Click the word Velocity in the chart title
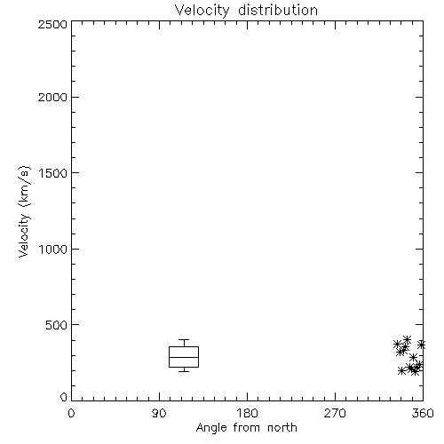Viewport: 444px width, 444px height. [202, 11]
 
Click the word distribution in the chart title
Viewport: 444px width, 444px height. [278, 10]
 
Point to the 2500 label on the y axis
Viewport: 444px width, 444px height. [52, 24]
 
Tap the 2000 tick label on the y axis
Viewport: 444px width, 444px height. [52, 97]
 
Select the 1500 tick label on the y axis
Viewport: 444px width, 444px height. [53, 173]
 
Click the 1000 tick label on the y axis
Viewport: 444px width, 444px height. [53, 249]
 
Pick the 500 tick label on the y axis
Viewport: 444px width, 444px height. [56, 325]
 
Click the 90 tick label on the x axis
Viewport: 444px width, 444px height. [159, 413]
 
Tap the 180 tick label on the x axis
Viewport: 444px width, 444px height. [247, 413]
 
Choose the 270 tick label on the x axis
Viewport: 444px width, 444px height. [335, 413]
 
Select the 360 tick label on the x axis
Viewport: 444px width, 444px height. [423, 413]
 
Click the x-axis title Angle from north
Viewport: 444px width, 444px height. [246, 428]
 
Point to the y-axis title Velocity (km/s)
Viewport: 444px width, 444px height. [24, 211]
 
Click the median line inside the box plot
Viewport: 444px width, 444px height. [184, 357]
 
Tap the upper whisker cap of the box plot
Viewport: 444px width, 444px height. [184, 339]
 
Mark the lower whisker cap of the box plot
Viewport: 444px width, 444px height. [184, 371]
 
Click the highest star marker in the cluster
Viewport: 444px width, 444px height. [408, 339]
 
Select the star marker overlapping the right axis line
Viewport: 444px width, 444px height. [422, 345]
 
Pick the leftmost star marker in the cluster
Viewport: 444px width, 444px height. [397, 345]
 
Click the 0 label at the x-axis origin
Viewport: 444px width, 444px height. [71, 413]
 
